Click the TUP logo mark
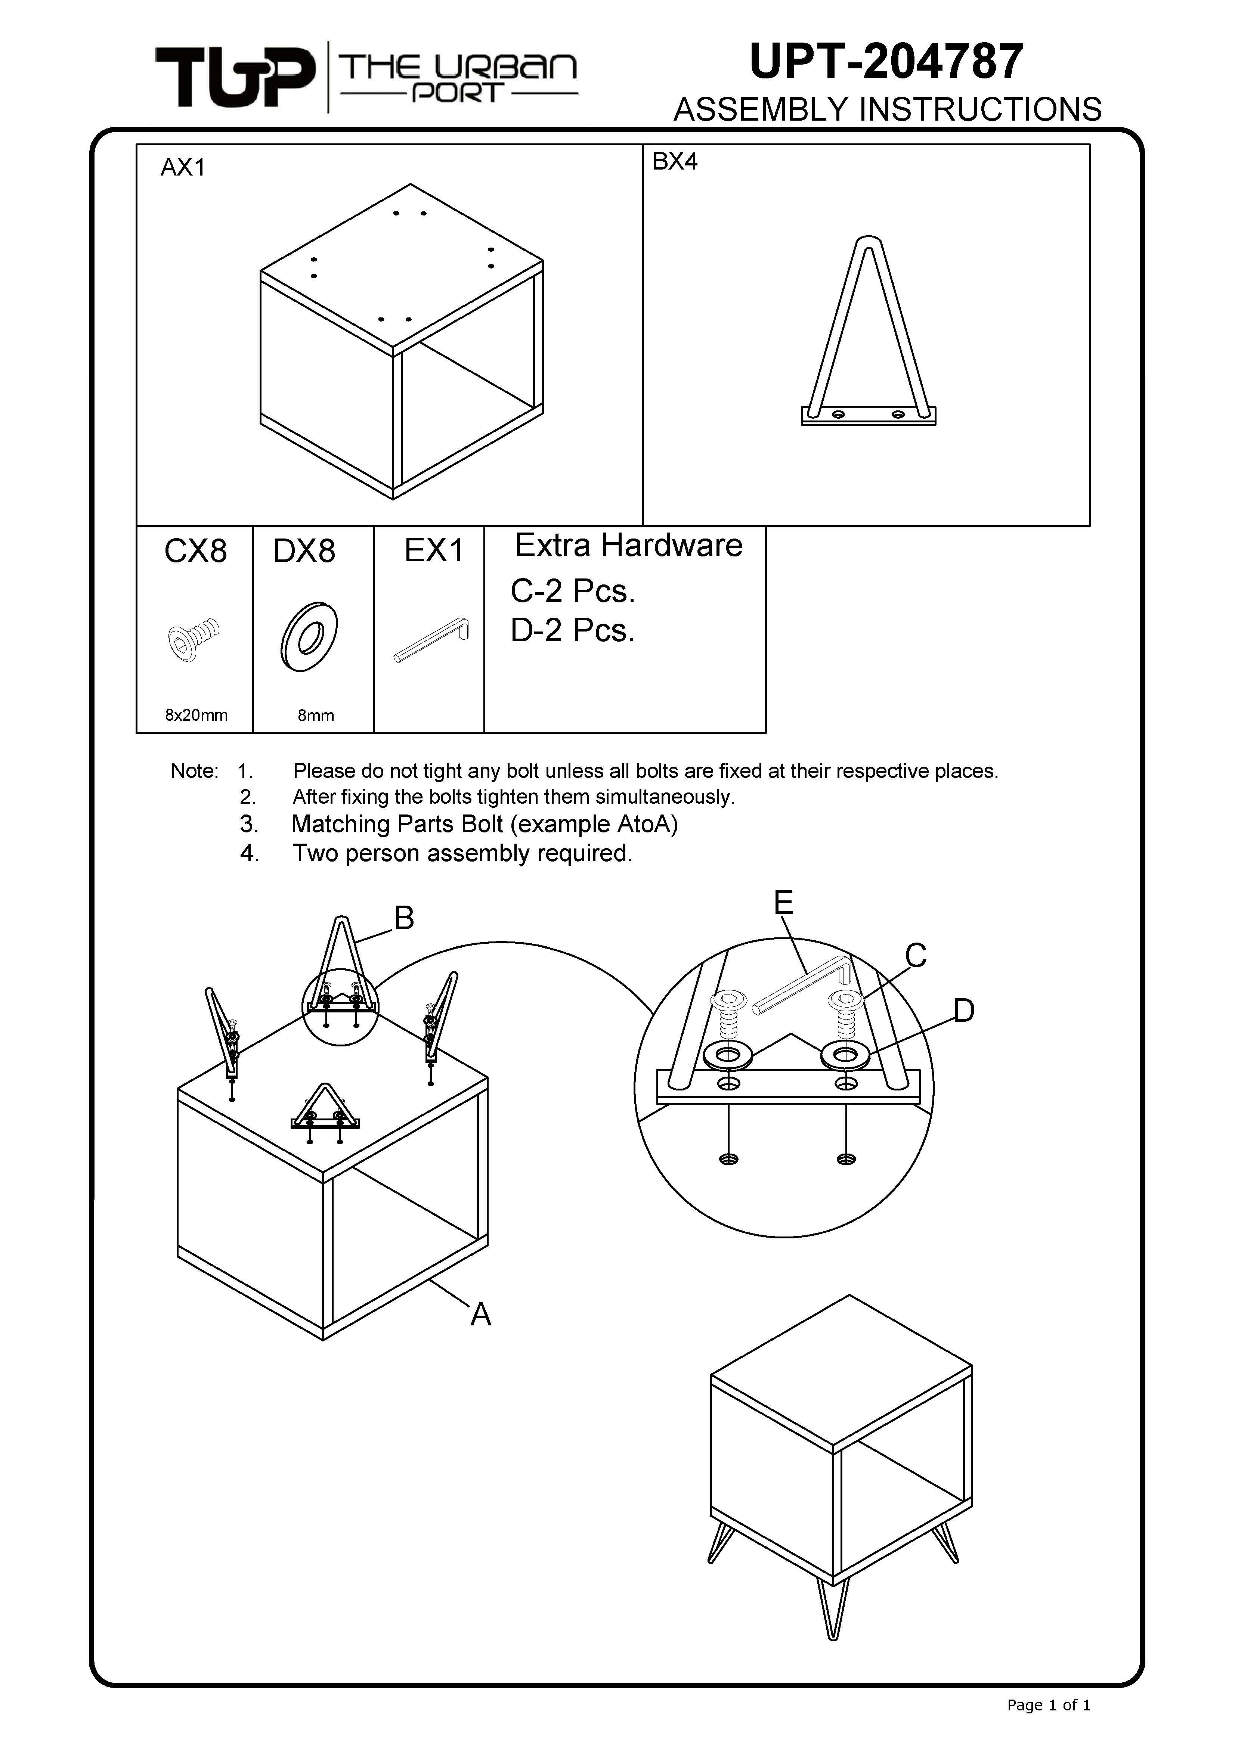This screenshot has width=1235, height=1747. [234, 77]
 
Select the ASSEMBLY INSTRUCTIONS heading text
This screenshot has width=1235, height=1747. [887, 109]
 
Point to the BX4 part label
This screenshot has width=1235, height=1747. [675, 161]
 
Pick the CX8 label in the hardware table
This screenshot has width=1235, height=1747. [196, 551]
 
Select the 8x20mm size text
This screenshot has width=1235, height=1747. [196, 715]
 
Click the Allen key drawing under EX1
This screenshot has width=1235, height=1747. [431, 639]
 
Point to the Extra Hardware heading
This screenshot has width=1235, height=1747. [629, 546]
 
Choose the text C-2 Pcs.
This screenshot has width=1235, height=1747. [572, 591]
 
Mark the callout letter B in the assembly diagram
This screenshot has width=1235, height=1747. [404, 918]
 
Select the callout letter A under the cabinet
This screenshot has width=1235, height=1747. [480, 1314]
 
